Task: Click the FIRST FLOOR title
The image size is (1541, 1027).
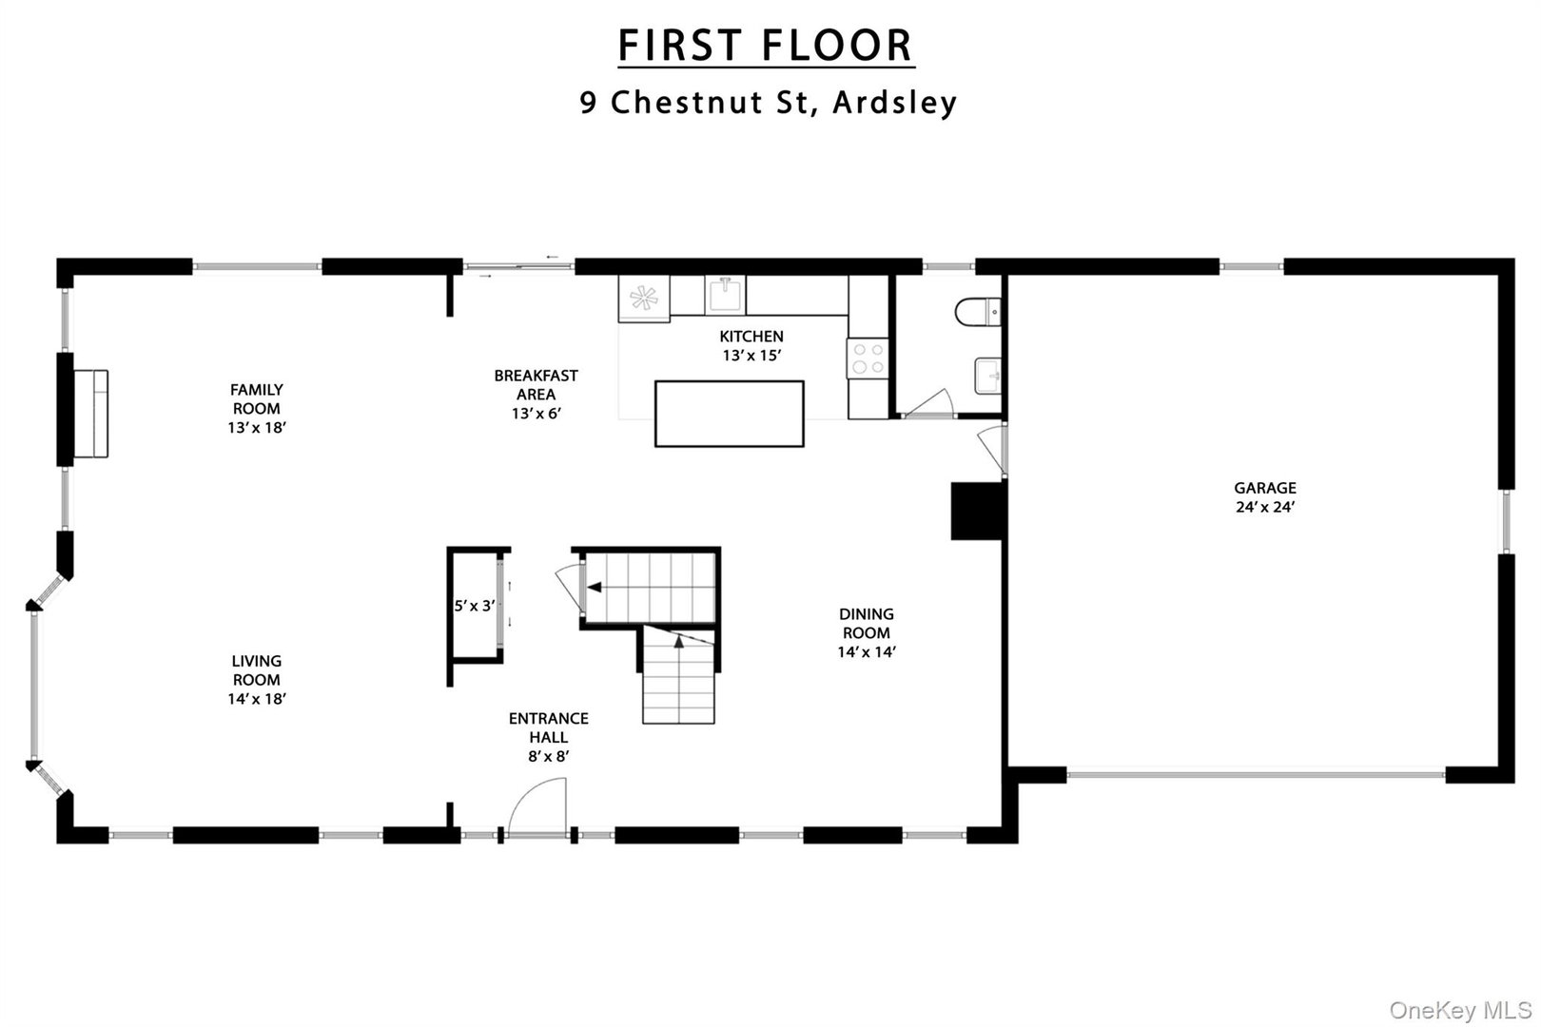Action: pyautogui.click(x=766, y=46)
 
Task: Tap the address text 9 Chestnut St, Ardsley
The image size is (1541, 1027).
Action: pyautogui.click(x=769, y=102)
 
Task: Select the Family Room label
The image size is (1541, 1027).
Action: pyautogui.click(x=257, y=408)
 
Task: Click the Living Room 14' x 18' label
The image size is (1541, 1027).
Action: pyautogui.click(x=257, y=679)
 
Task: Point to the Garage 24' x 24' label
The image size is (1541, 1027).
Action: pyautogui.click(x=1265, y=497)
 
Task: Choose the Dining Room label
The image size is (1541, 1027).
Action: pyautogui.click(x=866, y=632)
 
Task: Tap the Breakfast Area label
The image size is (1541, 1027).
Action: pyautogui.click(x=536, y=394)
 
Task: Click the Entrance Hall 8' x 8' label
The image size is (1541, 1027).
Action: pyautogui.click(x=548, y=737)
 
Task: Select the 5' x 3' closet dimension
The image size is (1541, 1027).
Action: pyautogui.click(x=474, y=605)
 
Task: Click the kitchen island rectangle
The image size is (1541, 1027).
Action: pyautogui.click(x=730, y=414)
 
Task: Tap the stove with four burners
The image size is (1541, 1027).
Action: pyautogui.click(x=868, y=358)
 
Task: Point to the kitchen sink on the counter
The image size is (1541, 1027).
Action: pyautogui.click(x=725, y=295)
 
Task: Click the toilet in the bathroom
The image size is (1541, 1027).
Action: pyautogui.click(x=978, y=311)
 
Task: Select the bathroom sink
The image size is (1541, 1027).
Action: pyautogui.click(x=987, y=376)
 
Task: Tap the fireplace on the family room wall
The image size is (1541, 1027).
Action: pyautogui.click(x=92, y=414)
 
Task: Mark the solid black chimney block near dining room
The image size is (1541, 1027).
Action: pyautogui.click(x=978, y=511)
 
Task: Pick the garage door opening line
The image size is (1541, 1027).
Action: pyautogui.click(x=1256, y=775)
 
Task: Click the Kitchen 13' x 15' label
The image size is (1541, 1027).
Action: pyautogui.click(x=751, y=345)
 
